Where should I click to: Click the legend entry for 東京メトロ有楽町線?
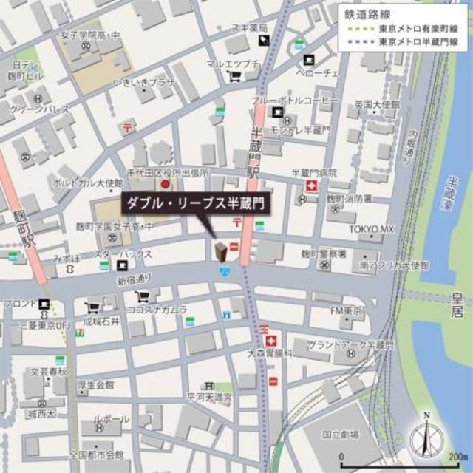pyautogui.click(x=418, y=29)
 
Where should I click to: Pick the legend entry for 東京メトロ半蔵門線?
pyautogui.click(x=418, y=42)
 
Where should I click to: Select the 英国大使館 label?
pyautogui.click(x=372, y=103)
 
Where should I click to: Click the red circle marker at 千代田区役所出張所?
pyautogui.click(x=166, y=183)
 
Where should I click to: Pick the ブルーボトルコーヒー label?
pyautogui.click(x=295, y=99)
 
